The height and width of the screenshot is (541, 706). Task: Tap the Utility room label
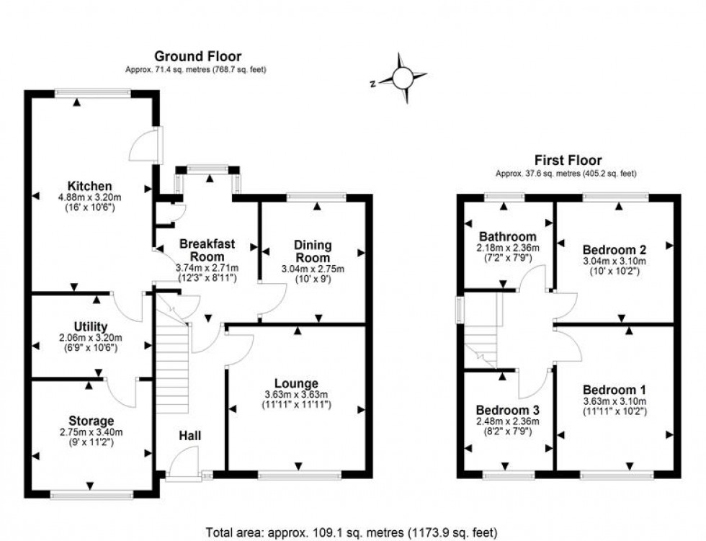pos(90,326)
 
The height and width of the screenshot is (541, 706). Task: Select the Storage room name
pos(91,421)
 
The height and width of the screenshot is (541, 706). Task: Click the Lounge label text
pos(298,383)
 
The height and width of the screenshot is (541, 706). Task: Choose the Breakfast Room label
pos(207,250)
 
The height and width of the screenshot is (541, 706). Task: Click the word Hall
pos(190,435)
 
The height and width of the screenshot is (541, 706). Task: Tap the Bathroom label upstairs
pos(507,236)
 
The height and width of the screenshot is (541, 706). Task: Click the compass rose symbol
pos(403,77)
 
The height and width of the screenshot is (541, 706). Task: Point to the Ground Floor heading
pos(197,56)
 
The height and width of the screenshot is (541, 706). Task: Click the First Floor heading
pos(568,161)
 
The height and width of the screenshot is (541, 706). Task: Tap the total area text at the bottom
pos(352,533)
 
